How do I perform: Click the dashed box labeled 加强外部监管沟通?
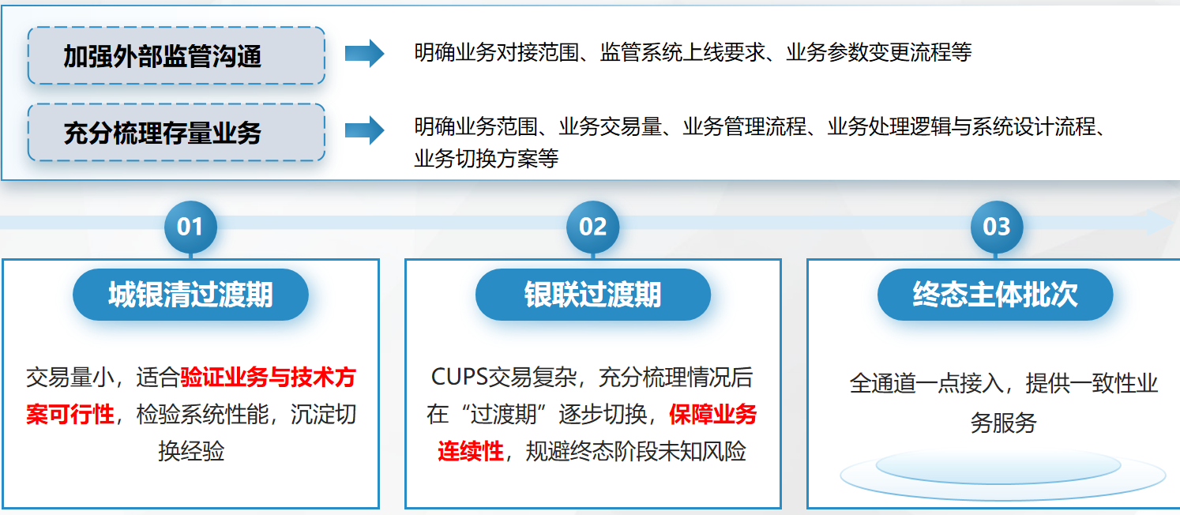click(176, 56)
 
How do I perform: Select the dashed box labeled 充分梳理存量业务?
click(176, 132)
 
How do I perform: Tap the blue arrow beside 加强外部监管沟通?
click(365, 53)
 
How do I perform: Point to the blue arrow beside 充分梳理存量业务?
click(365, 130)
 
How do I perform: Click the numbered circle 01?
click(190, 227)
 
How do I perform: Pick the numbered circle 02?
click(592, 227)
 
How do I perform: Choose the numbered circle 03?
click(996, 227)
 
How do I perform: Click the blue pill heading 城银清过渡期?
click(190, 295)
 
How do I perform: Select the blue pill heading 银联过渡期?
click(592, 295)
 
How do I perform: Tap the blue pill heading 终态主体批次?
click(995, 295)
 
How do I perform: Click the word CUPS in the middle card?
click(460, 377)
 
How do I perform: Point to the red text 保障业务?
click(712, 415)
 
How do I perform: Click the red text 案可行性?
click(70, 415)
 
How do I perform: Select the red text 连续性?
click(471, 451)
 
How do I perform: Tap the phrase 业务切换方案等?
click(487, 159)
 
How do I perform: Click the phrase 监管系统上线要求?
click(682, 53)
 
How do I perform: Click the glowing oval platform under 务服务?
click(1002, 473)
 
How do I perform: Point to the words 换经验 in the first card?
click(191, 451)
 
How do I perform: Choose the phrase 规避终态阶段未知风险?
click(636, 451)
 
